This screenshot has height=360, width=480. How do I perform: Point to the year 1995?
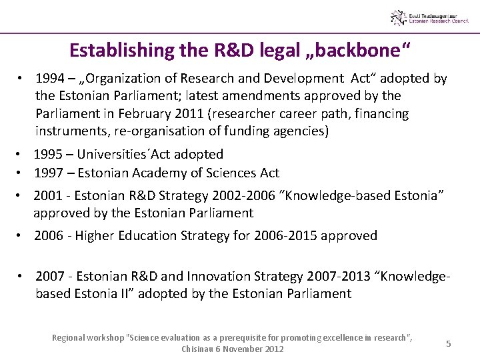click(x=48, y=154)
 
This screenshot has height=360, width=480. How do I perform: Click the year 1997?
click(x=48, y=173)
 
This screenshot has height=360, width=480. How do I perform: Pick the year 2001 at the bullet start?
click(x=48, y=196)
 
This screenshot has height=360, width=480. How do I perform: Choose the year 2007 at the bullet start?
click(x=50, y=276)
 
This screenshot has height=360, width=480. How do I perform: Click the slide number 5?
click(x=449, y=343)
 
